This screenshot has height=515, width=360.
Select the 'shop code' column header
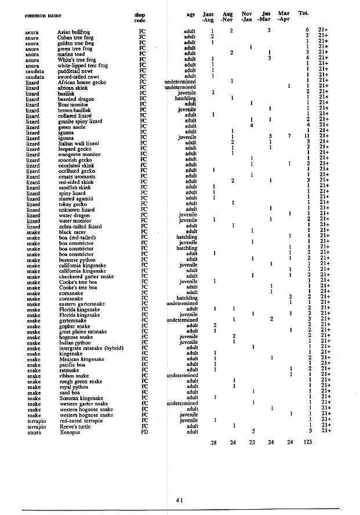point(139,16)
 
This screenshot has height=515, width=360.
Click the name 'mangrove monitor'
point(78,154)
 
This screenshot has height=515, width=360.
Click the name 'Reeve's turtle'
point(74,426)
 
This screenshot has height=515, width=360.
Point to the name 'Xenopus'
point(68,431)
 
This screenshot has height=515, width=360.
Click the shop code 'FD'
point(143,431)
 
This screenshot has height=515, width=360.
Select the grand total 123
point(307,443)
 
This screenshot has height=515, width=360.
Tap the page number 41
point(179,499)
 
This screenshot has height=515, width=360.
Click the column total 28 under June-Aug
point(213,443)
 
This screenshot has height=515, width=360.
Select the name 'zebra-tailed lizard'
point(80,226)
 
